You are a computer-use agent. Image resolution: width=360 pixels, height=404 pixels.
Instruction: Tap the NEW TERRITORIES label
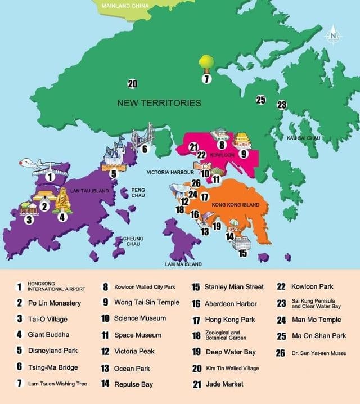coord(159,103)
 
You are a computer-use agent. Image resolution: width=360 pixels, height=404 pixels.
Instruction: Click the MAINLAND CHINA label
coord(125,6)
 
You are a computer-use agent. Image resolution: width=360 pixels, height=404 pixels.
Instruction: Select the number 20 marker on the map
coord(132,84)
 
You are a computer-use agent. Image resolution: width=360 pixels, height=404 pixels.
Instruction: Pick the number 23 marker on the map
coord(282,105)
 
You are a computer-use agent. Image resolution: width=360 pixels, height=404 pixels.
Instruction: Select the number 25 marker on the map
coord(260,100)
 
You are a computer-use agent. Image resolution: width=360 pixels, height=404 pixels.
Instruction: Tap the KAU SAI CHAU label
coord(303,137)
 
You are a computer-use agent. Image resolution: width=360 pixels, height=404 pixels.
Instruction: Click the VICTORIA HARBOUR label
coord(170,172)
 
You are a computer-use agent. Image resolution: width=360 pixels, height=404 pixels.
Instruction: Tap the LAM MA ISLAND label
coord(183,263)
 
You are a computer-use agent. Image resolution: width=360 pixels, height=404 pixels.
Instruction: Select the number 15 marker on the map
coord(242,253)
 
